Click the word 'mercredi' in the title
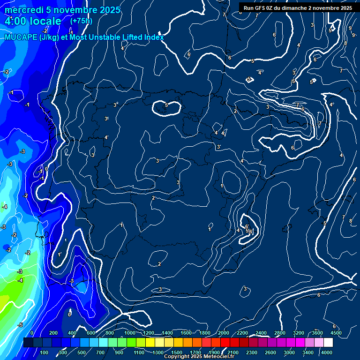[x=22, y=10]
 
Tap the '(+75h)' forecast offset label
[x=81, y=21]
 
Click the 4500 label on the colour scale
[x=335, y=333]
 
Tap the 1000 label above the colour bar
[x=130, y=333]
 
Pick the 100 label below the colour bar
[x=45, y=352]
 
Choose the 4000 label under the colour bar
[x=327, y=352]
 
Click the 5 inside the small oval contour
[x=166, y=105]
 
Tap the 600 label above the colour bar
[x=91, y=333]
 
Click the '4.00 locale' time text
[x=33, y=21]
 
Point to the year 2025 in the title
[x=110, y=10]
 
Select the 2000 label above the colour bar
[x=224, y=333]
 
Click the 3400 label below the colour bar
[x=308, y=352]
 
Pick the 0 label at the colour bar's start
[x=32, y=333]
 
